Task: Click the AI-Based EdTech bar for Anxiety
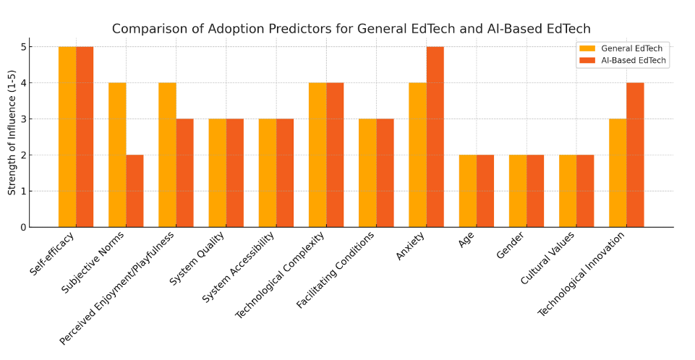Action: (x=435, y=137)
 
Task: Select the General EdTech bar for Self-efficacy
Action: (x=67, y=137)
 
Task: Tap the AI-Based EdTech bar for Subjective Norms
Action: (x=135, y=191)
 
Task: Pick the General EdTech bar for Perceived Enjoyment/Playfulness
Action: (x=168, y=155)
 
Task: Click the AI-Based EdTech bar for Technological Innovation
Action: (x=635, y=155)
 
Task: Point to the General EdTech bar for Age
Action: (x=468, y=191)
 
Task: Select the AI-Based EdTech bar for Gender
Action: (x=535, y=191)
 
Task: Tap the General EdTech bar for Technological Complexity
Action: (x=317, y=155)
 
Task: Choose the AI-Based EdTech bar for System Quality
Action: (x=235, y=173)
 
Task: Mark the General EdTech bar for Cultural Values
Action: (x=568, y=191)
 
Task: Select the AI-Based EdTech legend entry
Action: (x=622, y=60)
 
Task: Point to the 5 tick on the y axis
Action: (x=23, y=46)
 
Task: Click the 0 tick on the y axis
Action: (x=23, y=227)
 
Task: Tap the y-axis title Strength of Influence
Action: (x=12, y=132)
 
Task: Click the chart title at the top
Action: (x=351, y=29)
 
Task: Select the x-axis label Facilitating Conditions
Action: (x=335, y=270)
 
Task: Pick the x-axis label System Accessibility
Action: (x=238, y=267)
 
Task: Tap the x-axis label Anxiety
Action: (x=410, y=246)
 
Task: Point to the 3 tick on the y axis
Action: (x=23, y=119)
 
